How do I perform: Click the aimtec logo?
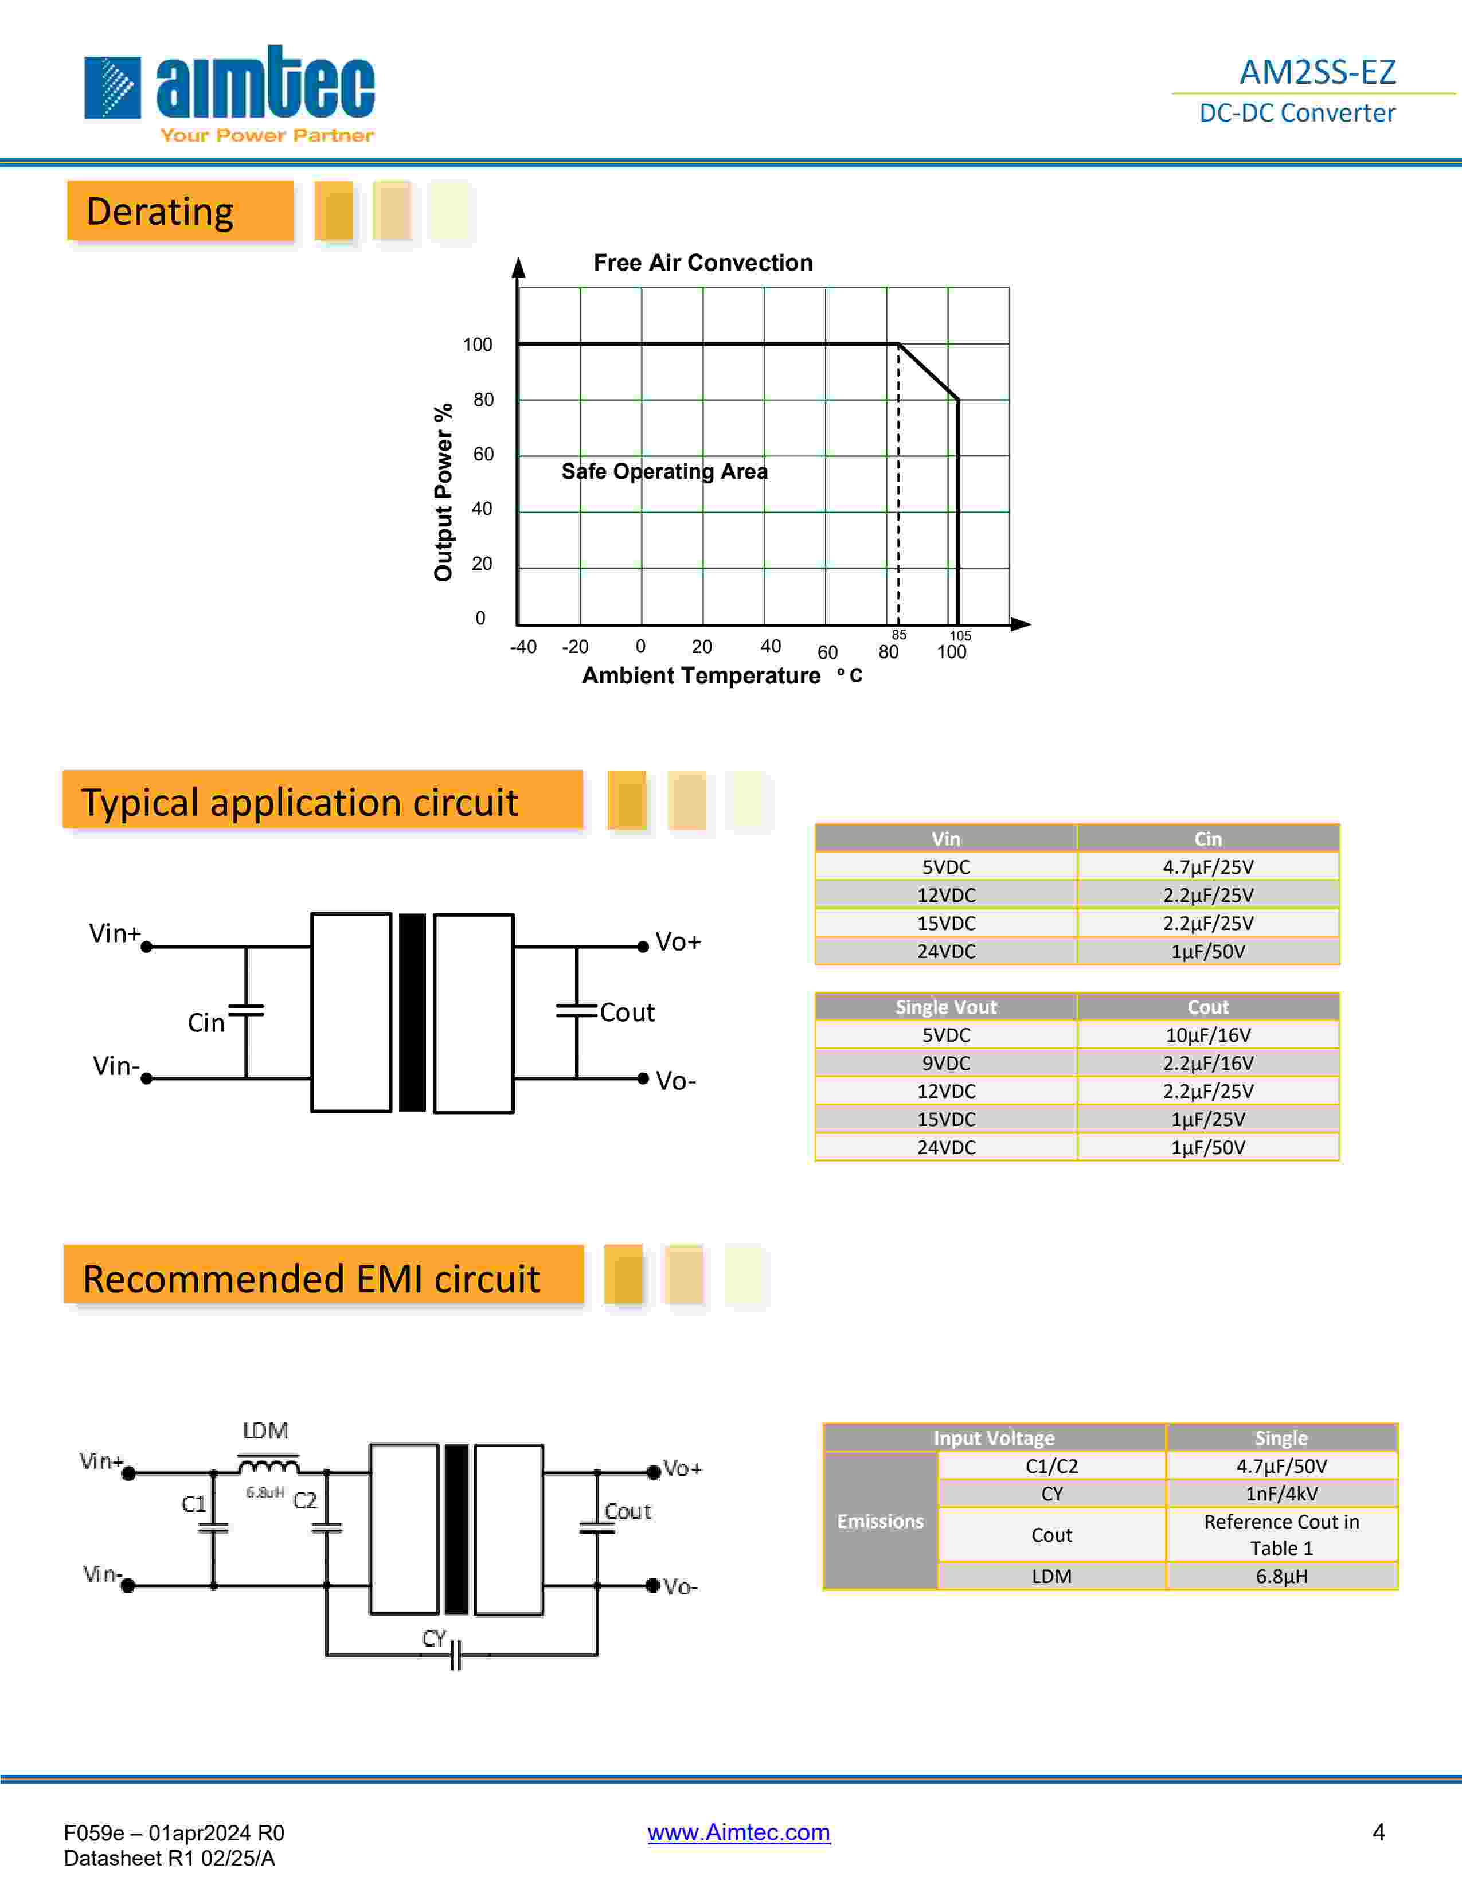click(229, 91)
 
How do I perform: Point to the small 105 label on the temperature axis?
click(960, 636)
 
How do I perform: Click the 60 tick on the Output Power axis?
click(483, 454)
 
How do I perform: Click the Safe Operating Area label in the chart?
click(664, 471)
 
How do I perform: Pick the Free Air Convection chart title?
click(702, 263)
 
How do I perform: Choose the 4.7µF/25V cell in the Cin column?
click(1207, 866)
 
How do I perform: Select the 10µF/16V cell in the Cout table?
click(1207, 1034)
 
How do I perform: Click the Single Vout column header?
click(946, 1007)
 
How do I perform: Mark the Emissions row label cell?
click(880, 1521)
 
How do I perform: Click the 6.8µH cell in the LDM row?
click(1281, 1576)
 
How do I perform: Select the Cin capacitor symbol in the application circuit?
click(246, 1010)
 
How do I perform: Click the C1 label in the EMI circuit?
click(194, 1504)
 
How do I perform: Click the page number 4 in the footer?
click(1378, 1831)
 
